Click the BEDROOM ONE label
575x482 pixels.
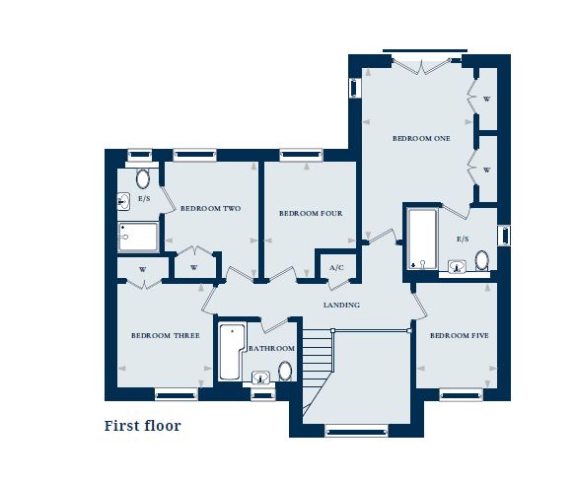pos(421,139)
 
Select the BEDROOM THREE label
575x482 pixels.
pos(166,336)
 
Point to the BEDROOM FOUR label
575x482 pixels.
pos(310,213)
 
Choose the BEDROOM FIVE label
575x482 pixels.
pos(459,336)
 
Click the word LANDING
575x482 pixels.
pos(342,305)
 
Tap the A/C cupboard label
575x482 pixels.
pos(335,268)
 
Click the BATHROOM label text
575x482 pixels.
pos(271,349)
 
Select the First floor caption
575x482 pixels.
pos(143,427)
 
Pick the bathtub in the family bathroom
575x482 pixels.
pos(231,351)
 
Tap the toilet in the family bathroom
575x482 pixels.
pos(285,372)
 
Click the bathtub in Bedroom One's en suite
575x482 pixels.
pos(421,238)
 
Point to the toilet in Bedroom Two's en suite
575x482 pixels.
pos(143,178)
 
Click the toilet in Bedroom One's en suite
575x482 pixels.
pos(481,261)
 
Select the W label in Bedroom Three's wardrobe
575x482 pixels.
pos(143,269)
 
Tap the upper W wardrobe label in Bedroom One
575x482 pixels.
pos(486,100)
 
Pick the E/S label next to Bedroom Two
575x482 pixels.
pos(143,199)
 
